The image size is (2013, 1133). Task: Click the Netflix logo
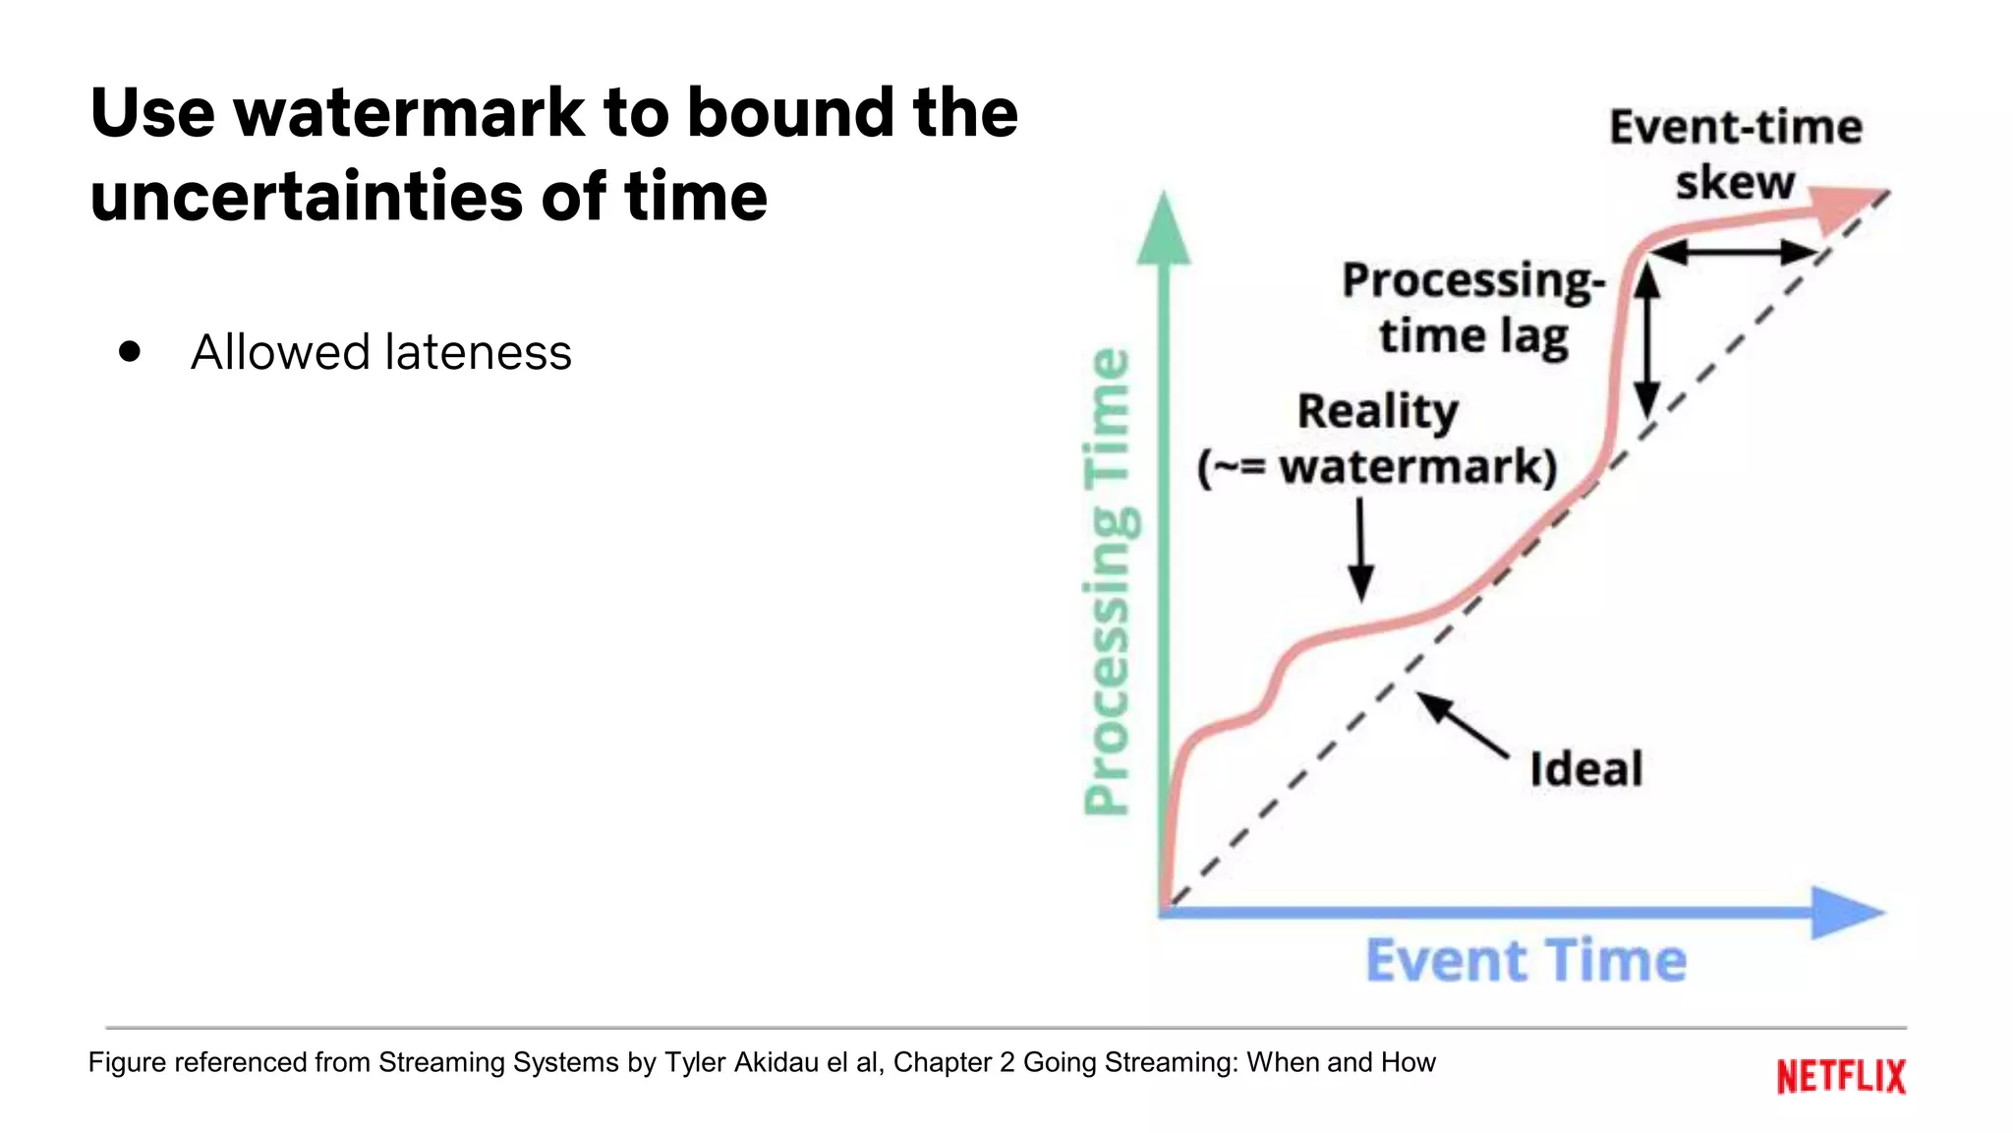pos(1840,1076)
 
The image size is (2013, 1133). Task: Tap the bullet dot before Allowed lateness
pos(130,352)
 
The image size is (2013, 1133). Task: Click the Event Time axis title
pos(1525,961)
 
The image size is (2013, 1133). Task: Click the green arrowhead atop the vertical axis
pos(1164,230)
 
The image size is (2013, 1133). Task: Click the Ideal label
pos(1585,769)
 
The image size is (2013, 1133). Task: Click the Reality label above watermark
pos(1377,411)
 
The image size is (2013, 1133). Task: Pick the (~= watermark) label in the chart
pos(1377,466)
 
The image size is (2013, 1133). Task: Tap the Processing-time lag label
pos(1472,307)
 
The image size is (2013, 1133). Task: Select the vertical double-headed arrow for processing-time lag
pos(1647,339)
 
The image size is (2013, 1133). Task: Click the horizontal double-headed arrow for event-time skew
pos(1732,252)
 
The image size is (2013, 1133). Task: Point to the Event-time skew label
pos(1736,154)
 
